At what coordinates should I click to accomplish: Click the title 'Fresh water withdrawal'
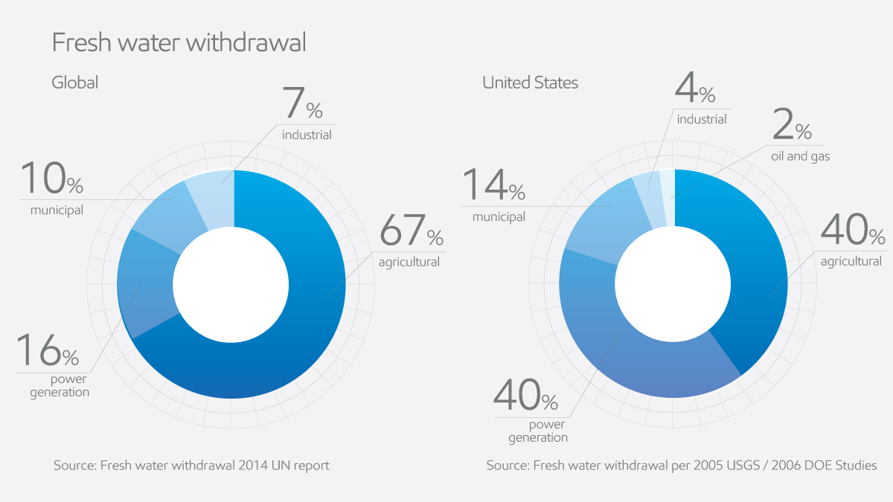179,42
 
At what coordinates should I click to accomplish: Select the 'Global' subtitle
74,82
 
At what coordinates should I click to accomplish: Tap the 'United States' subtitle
530,83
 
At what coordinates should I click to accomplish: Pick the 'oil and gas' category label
800,157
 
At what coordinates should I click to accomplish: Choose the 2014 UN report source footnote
191,466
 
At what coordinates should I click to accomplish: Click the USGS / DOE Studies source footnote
681,466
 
